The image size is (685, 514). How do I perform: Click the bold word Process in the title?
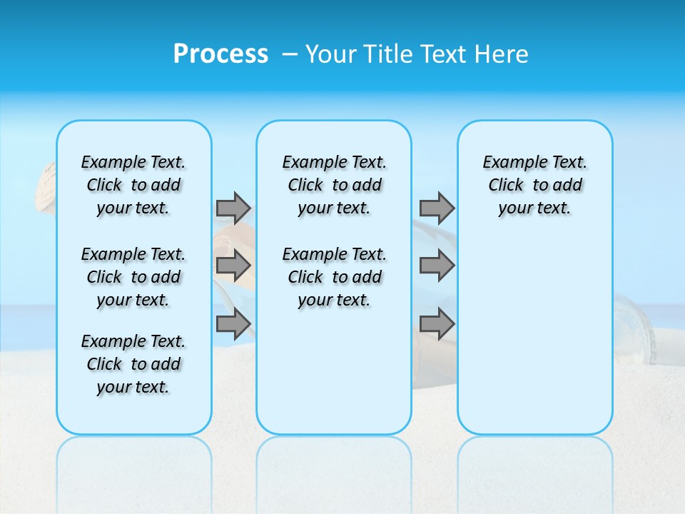click(x=220, y=54)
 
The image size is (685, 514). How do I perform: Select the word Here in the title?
click(x=503, y=54)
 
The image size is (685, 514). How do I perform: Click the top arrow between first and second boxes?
click(x=233, y=208)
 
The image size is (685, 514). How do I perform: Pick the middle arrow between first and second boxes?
click(x=233, y=266)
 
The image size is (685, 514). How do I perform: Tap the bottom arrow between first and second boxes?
click(x=233, y=324)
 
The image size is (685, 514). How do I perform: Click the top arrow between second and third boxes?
click(x=437, y=208)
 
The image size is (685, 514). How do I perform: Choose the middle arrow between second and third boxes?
click(x=437, y=266)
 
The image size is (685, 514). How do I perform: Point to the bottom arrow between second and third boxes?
click(x=437, y=324)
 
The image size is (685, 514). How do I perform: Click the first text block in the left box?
click(x=133, y=185)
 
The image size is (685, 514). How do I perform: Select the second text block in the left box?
click(x=133, y=277)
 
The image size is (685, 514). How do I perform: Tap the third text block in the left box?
click(x=133, y=364)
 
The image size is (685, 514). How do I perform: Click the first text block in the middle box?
click(x=334, y=185)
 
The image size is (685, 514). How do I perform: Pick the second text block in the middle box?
click(x=334, y=277)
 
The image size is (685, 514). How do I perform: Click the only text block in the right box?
click(x=534, y=185)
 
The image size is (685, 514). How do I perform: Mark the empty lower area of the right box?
click(x=534, y=336)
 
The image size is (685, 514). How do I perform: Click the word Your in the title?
click(x=331, y=54)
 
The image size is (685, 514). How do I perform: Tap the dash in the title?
click(x=290, y=54)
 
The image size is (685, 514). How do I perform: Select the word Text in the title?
click(x=447, y=54)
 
